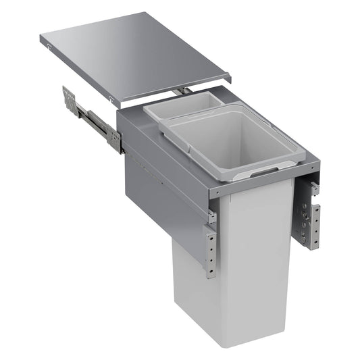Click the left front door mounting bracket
click(x=211, y=250)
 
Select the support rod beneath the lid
click(x=180, y=91)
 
